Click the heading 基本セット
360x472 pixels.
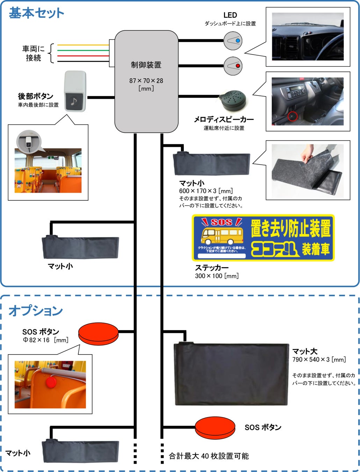(36, 13)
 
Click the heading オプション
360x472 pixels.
(36, 310)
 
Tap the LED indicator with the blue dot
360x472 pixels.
(233, 41)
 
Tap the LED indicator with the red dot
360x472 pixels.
(233, 66)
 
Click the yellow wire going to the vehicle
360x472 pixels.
(83, 45)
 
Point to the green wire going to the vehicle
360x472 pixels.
(83, 50)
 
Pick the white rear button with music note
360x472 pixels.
(75, 92)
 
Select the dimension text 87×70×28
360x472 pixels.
(146, 81)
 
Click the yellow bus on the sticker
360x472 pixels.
(222, 236)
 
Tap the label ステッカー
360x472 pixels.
(212, 268)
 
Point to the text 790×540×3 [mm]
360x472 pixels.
(319, 359)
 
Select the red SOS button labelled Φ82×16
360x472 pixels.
(99, 334)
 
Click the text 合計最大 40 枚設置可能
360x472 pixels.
(209, 456)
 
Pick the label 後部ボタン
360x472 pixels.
(36, 96)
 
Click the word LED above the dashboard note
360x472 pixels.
(230, 15)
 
